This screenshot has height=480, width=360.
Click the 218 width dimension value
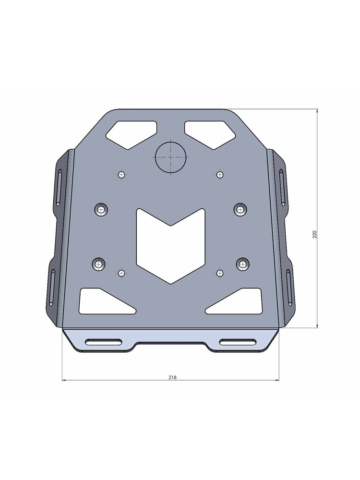click(x=172, y=377)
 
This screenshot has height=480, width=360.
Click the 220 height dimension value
click(x=315, y=235)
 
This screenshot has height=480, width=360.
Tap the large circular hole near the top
click(x=170, y=157)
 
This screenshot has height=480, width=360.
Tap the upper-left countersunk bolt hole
click(x=101, y=209)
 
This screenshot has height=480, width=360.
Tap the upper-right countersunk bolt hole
click(x=240, y=209)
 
